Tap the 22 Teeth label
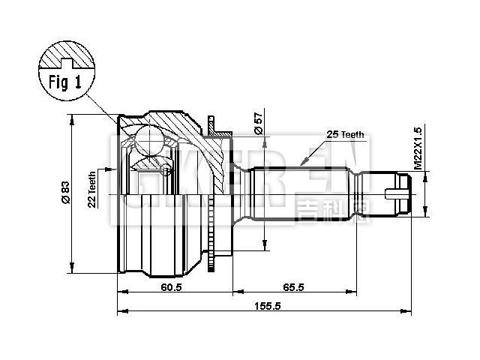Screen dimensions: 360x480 [x=91, y=188]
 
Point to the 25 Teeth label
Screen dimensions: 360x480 [x=345, y=134]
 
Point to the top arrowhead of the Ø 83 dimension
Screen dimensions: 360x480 [x=71, y=118]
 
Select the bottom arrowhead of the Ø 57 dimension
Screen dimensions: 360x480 [x=263, y=246]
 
